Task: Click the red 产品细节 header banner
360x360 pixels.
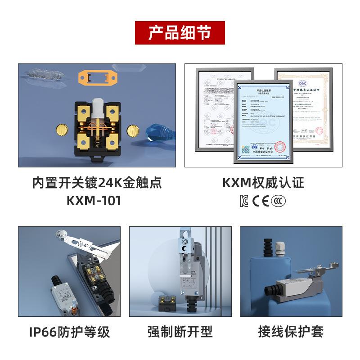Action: click(x=180, y=33)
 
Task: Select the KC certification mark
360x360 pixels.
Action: click(x=245, y=201)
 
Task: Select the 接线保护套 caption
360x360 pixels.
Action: click(x=291, y=332)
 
